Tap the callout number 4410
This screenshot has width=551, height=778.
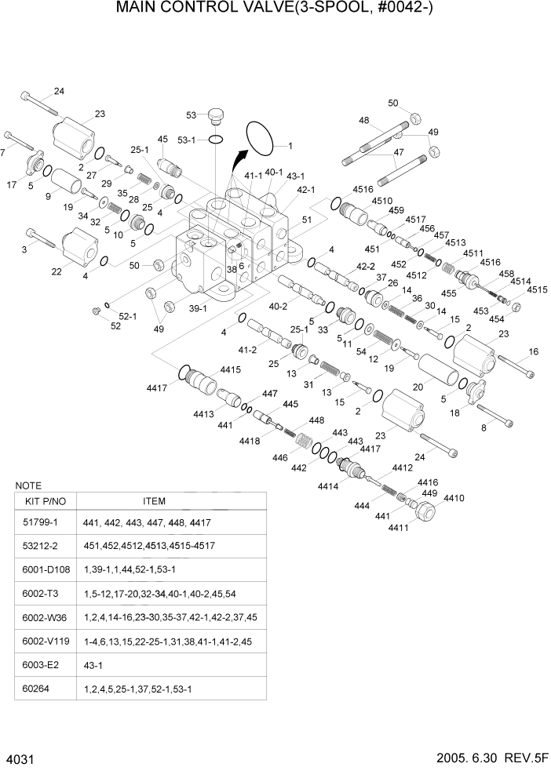pos(454,498)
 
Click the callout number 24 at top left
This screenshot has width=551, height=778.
pos(59,92)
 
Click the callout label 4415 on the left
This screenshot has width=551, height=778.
pos(230,369)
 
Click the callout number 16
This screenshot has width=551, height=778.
pos(533,351)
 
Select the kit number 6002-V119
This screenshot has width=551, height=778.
pos(46,641)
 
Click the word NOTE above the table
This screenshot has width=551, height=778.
pos(28,485)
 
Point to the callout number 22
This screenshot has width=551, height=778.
pos(57,271)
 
